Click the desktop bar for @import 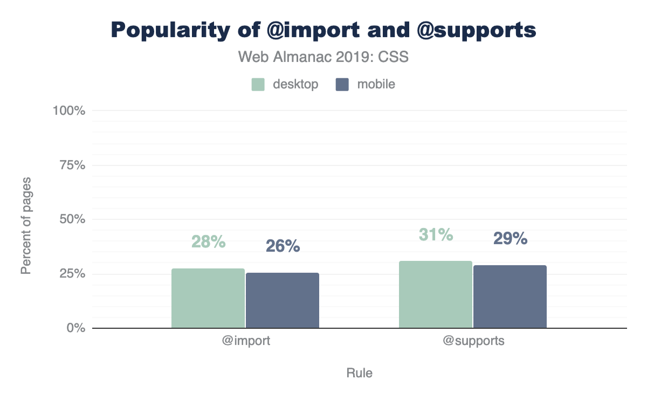[x=208, y=298]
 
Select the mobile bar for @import [x=283, y=300]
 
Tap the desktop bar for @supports [x=436, y=294]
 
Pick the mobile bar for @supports [x=510, y=296]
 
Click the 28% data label [x=208, y=242]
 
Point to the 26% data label [x=283, y=246]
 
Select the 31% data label [x=436, y=235]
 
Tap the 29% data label [x=510, y=239]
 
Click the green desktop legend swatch [x=258, y=85]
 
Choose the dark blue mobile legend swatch [x=342, y=85]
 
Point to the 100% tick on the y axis [x=69, y=111]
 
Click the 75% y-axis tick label [x=72, y=165]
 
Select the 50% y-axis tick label [x=72, y=219]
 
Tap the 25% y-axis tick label [x=72, y=274]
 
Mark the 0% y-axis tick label [x=75, y=328]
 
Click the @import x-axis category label [x=245, y=341]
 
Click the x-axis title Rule [x=359, y=373]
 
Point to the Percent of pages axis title [x=26, y=225]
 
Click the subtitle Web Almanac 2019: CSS [x=323, y=57]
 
